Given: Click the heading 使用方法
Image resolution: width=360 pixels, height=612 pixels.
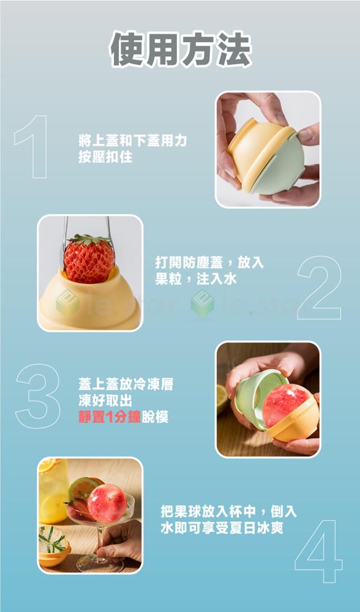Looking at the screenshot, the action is click(181, 49).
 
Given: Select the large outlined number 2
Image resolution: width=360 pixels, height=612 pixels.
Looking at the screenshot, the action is click(319, 288).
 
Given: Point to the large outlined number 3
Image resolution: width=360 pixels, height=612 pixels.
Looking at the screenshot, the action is click(38, 396).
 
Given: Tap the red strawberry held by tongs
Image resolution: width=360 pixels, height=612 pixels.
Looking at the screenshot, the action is click(89, 259).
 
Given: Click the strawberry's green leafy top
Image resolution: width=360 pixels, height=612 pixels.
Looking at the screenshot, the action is click(89, 239).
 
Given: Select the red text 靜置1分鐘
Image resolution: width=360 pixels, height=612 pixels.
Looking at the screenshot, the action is click(110, 417).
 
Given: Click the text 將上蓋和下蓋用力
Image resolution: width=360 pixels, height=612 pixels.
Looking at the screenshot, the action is click(132, 141).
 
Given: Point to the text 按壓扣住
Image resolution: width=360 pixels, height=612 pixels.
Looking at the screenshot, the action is click(105, 157).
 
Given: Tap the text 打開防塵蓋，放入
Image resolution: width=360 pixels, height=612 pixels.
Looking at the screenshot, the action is click(209, 263).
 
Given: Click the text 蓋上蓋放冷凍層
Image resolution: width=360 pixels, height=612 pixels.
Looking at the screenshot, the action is click(126, 385).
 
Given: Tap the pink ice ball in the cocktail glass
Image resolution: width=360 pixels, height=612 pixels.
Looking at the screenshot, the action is click(107, 503).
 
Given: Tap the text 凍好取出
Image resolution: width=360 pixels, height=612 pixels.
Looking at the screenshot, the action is click(105, 401).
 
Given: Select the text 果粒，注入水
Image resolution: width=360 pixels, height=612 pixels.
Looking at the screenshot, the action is click(196, 279).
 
